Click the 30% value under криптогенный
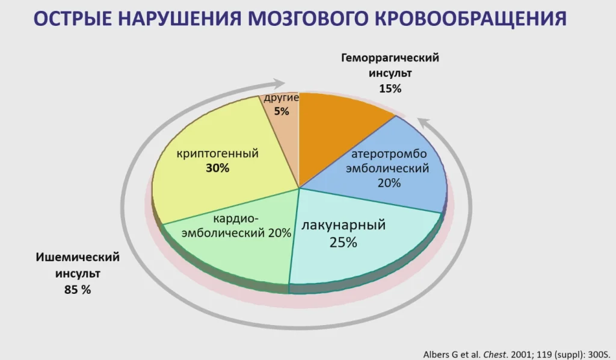[217, 168]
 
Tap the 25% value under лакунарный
[343, 243]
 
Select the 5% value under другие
[282, 111]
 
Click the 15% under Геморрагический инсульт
[390, 89]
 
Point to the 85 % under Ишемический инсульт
[78, 290]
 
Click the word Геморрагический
[390, 58]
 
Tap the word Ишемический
[78, 257]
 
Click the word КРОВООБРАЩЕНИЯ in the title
[470, 19]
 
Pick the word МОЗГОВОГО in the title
[308, 18]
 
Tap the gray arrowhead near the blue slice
[425, 124]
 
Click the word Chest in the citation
[494, 355]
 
